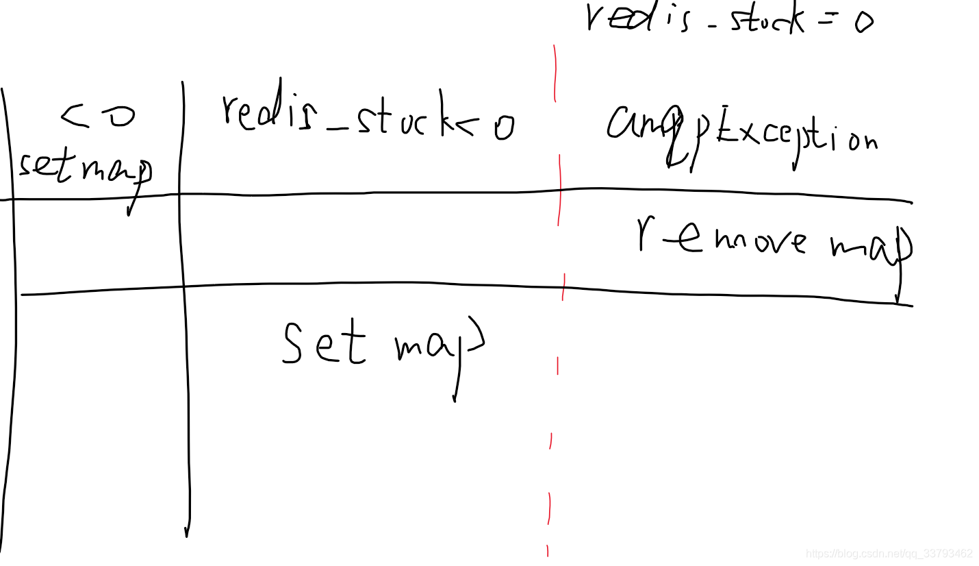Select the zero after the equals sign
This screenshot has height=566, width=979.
point(863,23)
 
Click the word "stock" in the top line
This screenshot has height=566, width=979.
point(766,20)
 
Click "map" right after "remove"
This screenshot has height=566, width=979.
point(871,245)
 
